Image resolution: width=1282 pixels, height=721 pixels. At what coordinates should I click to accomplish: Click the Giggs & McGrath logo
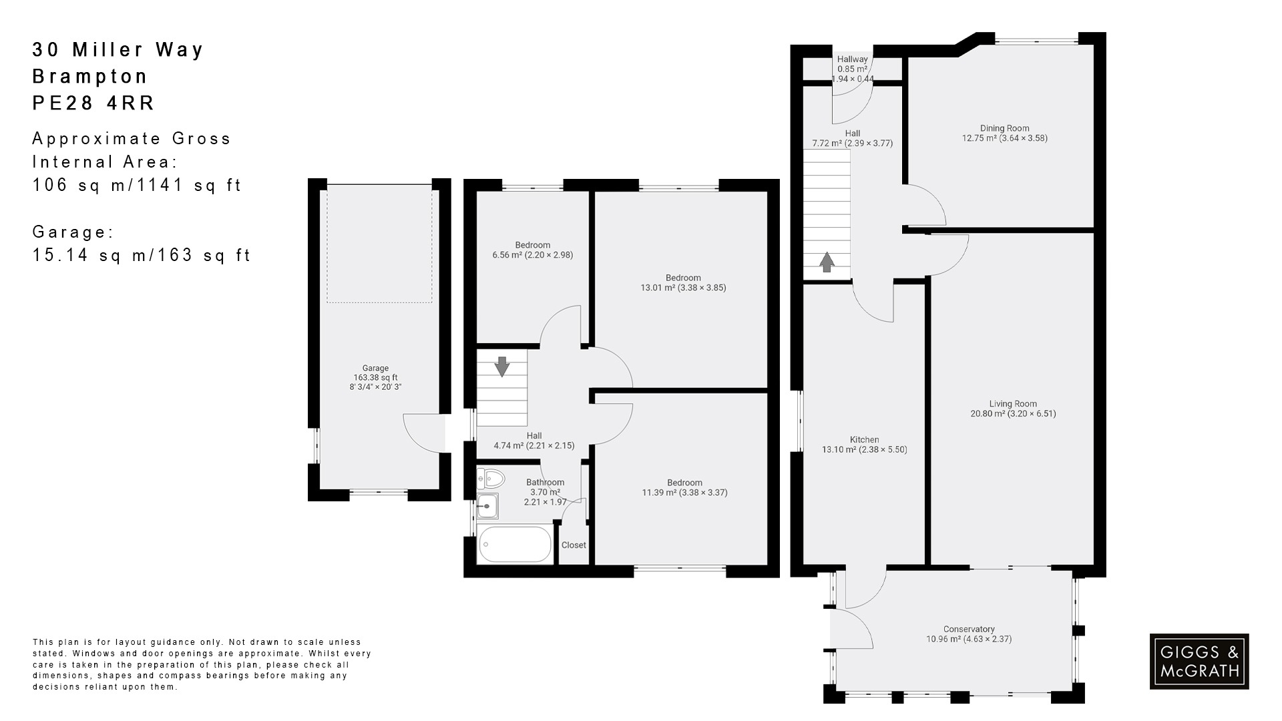[x=1199, y=661]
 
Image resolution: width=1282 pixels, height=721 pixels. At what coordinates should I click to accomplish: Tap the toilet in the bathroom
[x=492, y=479]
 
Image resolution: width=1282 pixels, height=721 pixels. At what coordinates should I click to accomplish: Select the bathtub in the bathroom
[x=514, y=545]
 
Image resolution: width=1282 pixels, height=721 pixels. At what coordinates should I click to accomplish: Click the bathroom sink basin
[x=487, y=506]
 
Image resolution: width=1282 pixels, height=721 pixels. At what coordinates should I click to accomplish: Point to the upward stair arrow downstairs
[x=827, y=262]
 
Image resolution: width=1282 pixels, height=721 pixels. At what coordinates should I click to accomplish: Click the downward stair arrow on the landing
[x=502, y=367]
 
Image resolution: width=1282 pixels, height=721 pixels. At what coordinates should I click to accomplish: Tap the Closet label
[x=574, y=545]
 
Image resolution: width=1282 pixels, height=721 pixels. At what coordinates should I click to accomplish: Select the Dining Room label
[x=1004, y=128]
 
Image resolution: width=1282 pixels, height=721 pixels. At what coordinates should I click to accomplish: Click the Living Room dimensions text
[x=1013, y=413]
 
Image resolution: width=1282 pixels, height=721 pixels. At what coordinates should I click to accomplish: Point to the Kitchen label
[x=864, y=439]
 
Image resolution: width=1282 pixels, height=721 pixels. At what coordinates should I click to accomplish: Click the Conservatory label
[x=969, y=629]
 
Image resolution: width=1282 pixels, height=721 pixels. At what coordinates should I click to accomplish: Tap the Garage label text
[x=375, y=368]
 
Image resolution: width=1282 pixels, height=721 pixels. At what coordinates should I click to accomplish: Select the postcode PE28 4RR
[x=93, y=103]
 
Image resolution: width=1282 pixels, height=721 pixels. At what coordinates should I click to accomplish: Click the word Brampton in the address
[x=90, y=76]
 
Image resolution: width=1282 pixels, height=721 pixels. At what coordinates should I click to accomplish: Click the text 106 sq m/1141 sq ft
[x=137, y=185]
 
